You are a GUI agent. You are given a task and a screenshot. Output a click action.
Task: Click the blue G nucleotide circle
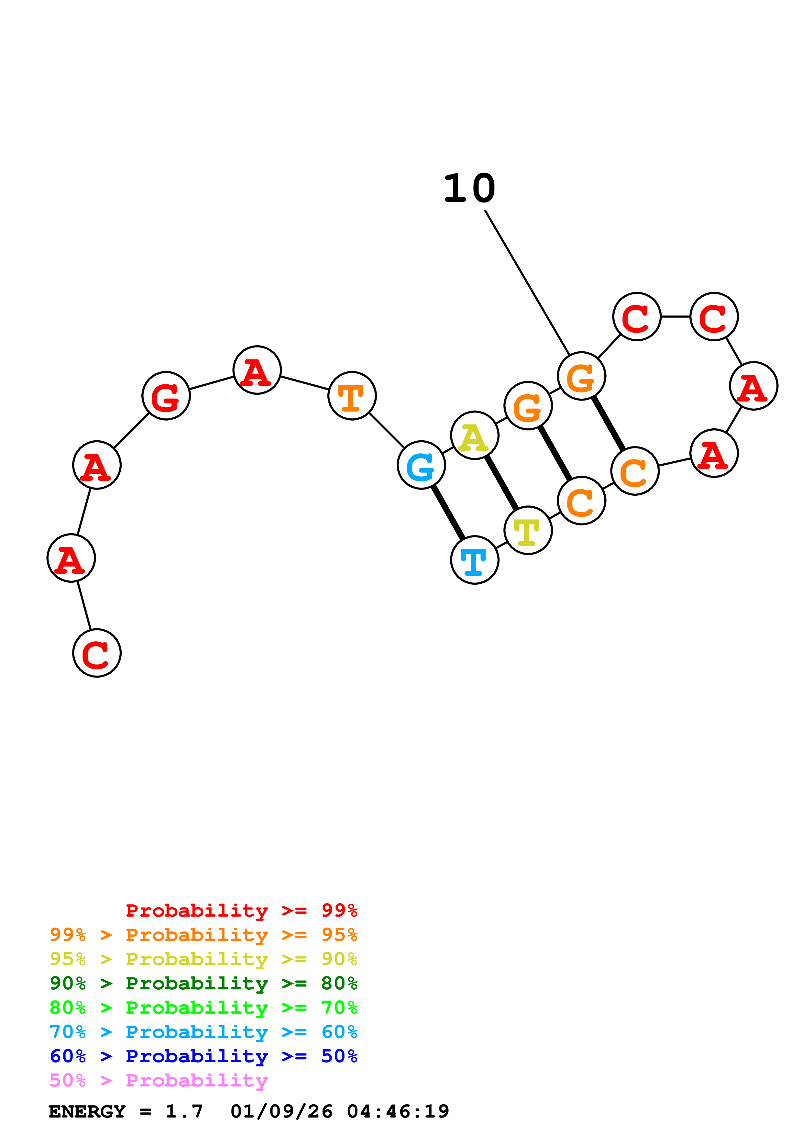(421, 465)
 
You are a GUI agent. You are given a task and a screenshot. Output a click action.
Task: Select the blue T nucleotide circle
(474, 560)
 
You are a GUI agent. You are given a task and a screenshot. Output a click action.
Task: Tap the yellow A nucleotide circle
(474, 435)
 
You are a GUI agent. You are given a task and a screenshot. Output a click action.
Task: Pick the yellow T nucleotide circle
(528, 530)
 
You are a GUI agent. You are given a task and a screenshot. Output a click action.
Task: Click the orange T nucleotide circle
(352, 396)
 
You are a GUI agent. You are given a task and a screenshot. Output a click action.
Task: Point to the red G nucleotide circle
(166, 396)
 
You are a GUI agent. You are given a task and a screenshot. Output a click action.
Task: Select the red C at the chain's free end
(97, 653)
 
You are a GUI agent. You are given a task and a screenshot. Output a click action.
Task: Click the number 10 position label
(469, 189)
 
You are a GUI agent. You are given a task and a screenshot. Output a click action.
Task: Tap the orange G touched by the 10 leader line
(581, 376)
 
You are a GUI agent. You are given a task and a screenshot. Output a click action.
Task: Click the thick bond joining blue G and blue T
(448, 512)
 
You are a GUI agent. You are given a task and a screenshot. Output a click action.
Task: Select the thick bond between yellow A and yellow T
(501, 483)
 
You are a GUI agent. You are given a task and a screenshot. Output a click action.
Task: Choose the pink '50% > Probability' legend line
(159, 1081)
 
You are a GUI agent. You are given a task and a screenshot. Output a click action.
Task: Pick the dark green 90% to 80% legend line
(203, 983)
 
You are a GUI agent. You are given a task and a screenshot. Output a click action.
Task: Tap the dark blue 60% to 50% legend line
(203, 1056)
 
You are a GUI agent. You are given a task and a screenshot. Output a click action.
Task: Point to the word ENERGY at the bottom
(87, 1112)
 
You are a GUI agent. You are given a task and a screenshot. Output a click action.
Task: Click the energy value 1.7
(184, 1112)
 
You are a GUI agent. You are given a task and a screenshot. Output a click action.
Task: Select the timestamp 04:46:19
(398, 1112)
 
